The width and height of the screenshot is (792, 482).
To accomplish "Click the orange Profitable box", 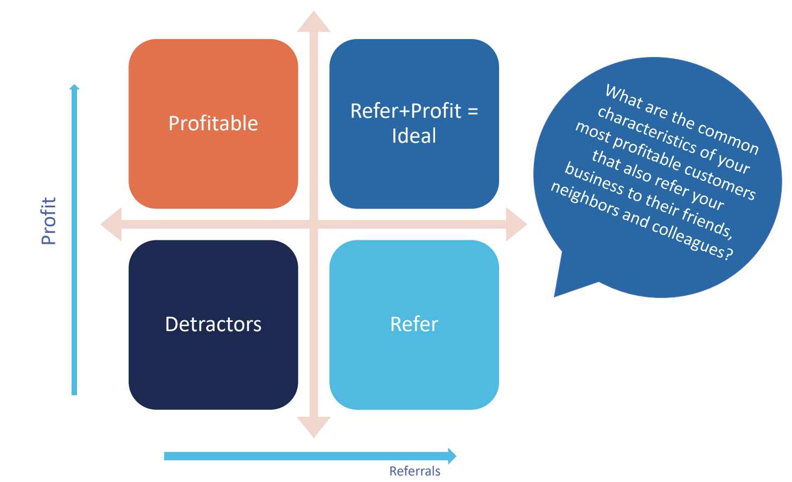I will (x=213, y=124).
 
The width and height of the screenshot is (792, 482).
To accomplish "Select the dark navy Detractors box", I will (x=213, y=325).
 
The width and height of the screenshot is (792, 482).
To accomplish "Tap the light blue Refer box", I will (x=414, y=325).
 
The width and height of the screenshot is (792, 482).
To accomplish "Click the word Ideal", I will (x=414, y=136).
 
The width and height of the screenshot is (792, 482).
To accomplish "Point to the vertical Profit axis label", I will (x=49, y=221).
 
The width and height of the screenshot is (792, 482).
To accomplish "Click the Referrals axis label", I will (x=414, y=471).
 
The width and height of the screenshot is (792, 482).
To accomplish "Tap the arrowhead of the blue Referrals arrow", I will (x=451, y=456).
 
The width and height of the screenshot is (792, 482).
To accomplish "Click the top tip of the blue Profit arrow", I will (x=74, y=87).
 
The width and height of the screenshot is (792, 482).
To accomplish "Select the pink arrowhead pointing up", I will (x=314, y=23).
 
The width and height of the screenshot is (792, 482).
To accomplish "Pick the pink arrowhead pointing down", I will (x=314, y=426).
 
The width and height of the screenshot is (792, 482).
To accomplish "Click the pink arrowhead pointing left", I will (x=112, y=224).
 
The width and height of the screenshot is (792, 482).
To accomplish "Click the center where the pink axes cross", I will (x=314, y=224).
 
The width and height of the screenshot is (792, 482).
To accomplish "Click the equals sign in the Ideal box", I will (x=472, y=111).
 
